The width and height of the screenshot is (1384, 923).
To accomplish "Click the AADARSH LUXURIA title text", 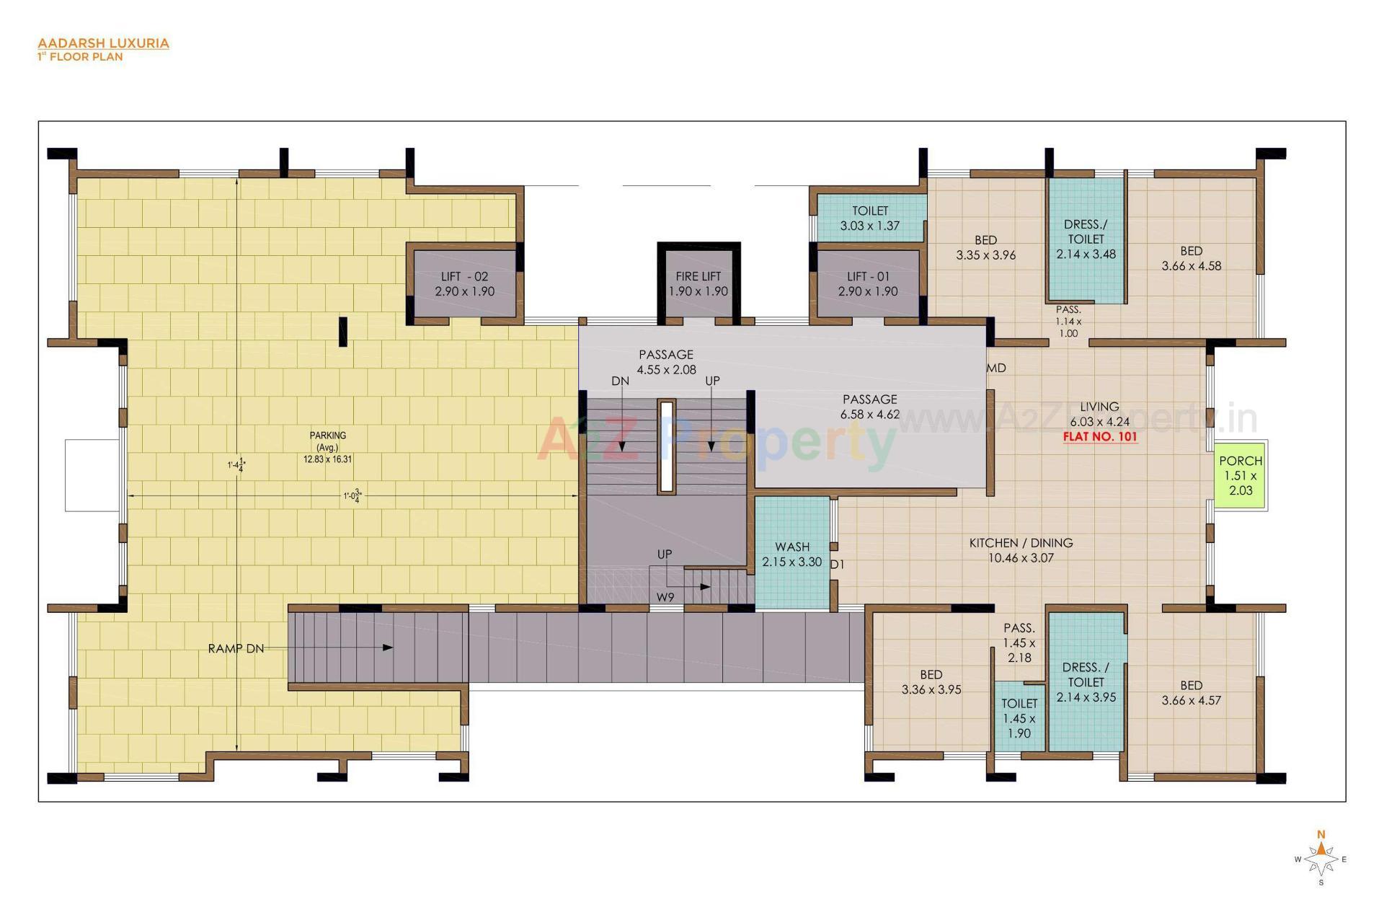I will (103, 43).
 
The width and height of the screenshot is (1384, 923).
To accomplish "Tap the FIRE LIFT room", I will (698, 283).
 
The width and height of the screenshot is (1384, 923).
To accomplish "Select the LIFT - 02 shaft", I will (464, 283).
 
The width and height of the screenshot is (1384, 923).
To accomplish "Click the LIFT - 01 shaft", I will (868, 283).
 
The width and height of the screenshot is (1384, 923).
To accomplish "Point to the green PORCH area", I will (1240, 475).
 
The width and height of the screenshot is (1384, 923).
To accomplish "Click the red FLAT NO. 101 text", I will (1100, 436).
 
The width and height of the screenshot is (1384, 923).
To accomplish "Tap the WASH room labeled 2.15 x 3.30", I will (791, 554).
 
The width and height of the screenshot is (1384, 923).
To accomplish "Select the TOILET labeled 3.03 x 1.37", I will (870, 218).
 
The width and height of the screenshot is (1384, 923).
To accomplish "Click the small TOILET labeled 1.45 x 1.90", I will (1019, 717).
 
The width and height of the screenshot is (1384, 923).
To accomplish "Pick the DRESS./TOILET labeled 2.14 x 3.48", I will (1086, 239).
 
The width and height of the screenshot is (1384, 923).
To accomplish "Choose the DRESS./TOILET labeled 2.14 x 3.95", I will (1086, 681).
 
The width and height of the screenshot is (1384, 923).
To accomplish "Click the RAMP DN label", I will (236, 648).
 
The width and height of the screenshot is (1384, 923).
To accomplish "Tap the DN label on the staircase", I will (620, 381).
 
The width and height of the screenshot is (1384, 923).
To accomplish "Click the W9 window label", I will (665, 597).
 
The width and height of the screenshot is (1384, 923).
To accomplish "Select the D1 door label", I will (836, 565).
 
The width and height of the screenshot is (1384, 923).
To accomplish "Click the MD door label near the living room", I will (996, 368).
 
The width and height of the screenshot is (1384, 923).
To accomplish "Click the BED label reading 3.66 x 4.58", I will (1191, 258).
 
